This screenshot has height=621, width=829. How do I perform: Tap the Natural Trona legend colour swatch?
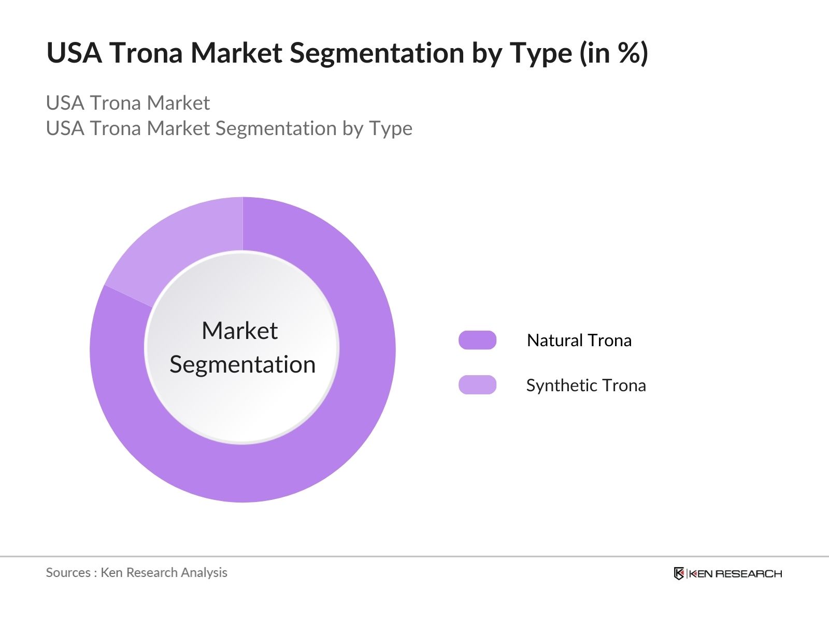click(477, 340)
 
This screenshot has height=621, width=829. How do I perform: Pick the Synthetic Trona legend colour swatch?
click(477, 385)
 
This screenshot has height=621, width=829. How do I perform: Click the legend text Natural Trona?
click(579, 341)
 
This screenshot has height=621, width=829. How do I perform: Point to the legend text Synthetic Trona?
click(586, 386)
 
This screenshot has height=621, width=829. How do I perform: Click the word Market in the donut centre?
click(240, 331)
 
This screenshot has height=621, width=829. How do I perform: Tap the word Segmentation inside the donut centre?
click(242, 365)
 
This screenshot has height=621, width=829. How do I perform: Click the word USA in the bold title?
click(74, 53)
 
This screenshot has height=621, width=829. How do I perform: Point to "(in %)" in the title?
click(614, 53)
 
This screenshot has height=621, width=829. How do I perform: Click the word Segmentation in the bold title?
click(377, 53)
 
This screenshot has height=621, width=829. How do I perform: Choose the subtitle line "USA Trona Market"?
click(127, 102)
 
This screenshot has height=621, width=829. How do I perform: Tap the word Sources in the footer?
click(68, 572)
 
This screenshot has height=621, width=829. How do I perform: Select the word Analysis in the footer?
click(204, 573)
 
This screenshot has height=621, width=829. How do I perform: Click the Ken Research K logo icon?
click(679, 573)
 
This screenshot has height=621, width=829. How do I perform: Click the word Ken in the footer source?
click(111, 572)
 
